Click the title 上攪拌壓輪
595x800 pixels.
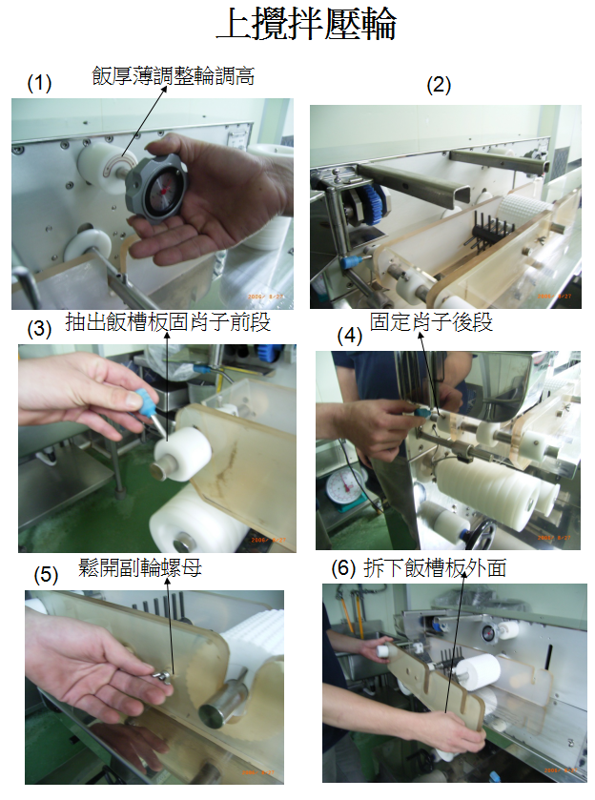(307, 25)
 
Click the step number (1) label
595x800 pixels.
(39, 83)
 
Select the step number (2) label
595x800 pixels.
(439, 85)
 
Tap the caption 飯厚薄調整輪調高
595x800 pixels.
(173, 76)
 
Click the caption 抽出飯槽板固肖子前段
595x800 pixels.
(168, 322)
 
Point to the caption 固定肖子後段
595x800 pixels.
(431, 322)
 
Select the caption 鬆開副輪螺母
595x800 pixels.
(140, 567)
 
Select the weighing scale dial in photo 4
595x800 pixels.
(344, 486)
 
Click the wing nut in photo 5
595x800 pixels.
(163, 675)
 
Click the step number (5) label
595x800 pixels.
(46, 575)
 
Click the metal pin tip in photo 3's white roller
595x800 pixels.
(162, 468)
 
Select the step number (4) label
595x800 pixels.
(350, 336)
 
